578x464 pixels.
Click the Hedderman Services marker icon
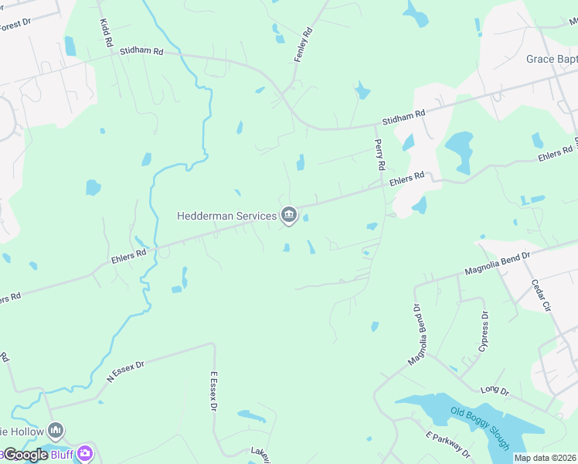[289, 214]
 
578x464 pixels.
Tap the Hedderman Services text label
[226, 216]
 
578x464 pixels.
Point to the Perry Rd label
[379, 155]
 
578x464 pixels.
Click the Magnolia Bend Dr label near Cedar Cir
[497, 262]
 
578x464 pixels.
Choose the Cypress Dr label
[484, 332]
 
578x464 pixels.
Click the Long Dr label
[495, 391]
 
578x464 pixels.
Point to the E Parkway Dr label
[447, 443]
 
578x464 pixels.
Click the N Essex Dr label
[125, 369]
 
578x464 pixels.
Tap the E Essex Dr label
[216, 395]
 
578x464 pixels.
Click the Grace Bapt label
[551, 59]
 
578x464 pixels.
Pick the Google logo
[25, 455]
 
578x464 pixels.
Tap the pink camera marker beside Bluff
[85, 453]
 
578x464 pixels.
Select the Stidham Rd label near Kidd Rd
[141, 52]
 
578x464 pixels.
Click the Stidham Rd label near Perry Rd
[404, 118]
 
